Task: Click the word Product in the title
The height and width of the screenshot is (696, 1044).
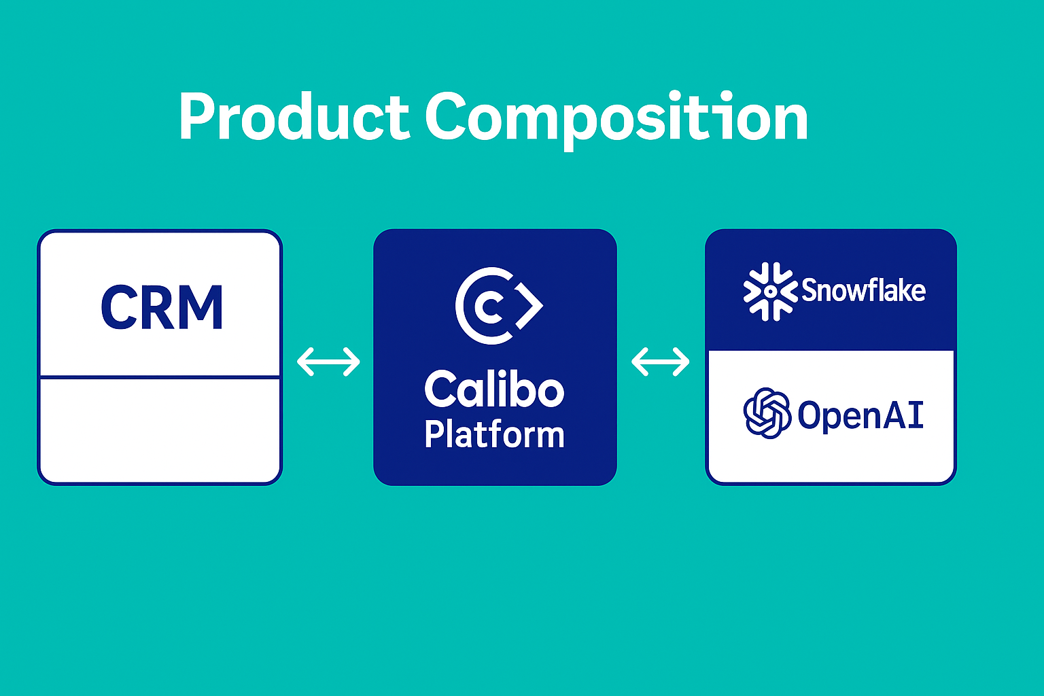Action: point(294,117)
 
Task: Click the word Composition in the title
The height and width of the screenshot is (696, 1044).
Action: point(616,118)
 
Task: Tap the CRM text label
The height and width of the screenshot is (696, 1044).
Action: point(162,308)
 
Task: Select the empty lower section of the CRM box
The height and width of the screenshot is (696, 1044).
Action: point(160,430)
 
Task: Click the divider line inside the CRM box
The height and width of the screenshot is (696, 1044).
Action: point(160,377)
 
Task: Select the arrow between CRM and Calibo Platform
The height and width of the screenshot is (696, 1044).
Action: point(328,362)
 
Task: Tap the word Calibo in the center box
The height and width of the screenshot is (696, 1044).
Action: point(494,389)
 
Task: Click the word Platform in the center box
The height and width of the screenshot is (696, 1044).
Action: point(494,434)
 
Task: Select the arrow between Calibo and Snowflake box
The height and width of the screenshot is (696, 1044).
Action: point(660,362)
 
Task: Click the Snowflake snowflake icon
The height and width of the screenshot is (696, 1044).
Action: point(769,291)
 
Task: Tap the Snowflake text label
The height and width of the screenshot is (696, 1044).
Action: point(863,291)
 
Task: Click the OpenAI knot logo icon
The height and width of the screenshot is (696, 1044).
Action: point(767,413)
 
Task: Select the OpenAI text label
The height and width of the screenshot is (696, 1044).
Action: point(860,415)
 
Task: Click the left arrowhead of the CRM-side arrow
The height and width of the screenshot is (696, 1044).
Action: point(303,362)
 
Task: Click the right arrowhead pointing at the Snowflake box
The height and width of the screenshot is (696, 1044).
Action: point(683,362)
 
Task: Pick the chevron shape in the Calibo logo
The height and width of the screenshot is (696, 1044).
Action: point(530,306)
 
